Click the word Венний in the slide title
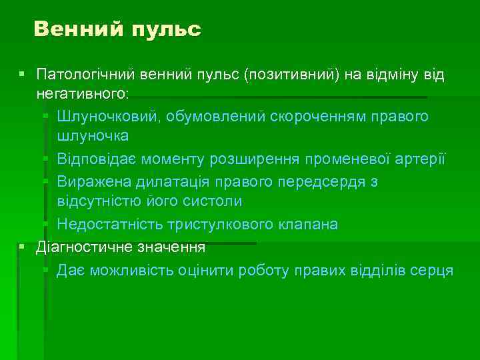pos(78,29)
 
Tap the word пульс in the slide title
pos(166,29)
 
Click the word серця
pos(431,270)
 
